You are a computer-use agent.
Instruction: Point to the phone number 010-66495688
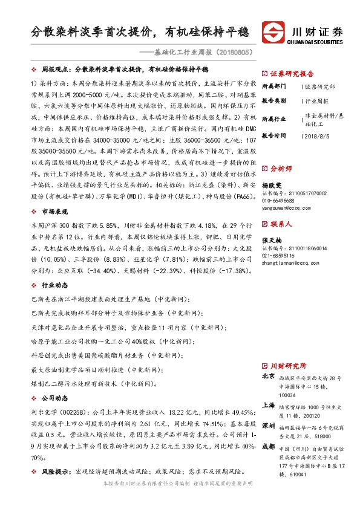click(x=278, y=199)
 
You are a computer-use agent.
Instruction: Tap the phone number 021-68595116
click(x=278, y=255)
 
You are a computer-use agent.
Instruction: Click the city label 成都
click(x=269, y=447)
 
